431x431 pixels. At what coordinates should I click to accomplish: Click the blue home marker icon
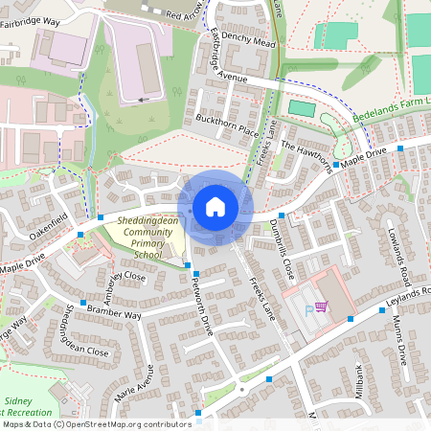[x=215, y=207]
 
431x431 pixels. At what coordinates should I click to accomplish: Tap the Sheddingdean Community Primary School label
[x=135, y=238]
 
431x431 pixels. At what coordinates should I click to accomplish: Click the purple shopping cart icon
[x=321, y=307]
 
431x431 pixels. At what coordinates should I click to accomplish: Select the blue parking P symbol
[x=307, y=309]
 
